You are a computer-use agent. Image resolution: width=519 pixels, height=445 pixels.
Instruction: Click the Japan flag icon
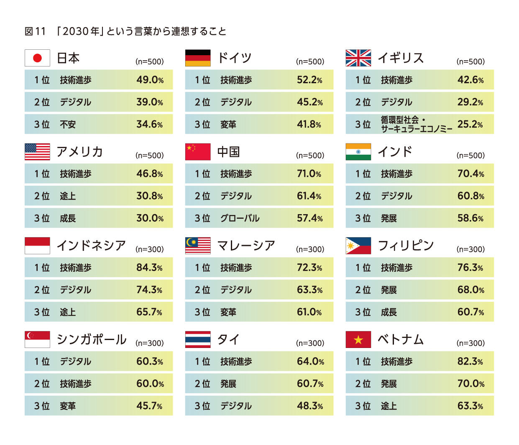(x=37, y=58)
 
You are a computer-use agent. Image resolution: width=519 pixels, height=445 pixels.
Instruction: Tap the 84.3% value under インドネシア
(x=149, y=267)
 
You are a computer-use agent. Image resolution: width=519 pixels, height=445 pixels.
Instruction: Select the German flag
(x=198, y=58)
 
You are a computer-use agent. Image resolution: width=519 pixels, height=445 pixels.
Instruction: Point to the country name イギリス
(x=401, y=58)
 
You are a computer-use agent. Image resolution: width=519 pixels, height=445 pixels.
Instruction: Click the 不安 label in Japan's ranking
(x=68, y=124)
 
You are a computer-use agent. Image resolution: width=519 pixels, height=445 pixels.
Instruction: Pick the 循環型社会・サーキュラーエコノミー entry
(x=416, y=124)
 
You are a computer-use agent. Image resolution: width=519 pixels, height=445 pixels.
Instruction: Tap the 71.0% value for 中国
(x=309, y=174)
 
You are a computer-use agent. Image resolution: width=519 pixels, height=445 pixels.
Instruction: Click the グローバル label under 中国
(x=240, y=218)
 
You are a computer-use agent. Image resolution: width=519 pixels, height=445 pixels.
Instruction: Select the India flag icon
(x=358, y=152)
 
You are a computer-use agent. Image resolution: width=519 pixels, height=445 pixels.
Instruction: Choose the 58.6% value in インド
(x=470, y=218)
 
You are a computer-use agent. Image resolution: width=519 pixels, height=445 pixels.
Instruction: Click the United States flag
(x=37, y=152)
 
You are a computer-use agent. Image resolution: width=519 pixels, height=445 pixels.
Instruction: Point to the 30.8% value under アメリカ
(x=149, y=196)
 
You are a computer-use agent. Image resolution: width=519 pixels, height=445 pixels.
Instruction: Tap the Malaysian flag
(x=198, y=246)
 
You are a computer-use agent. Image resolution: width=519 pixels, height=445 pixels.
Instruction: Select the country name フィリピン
(x=406, y=246)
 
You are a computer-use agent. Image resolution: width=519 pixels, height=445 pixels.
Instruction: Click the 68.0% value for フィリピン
(x=470, y=290)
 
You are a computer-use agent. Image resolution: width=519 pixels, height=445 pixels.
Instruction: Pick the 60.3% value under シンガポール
(x=149, y=361)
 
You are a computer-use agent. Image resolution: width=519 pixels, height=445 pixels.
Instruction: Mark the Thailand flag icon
(x=198, y=340)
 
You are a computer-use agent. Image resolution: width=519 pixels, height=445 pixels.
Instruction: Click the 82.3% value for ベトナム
(x=470, y=361)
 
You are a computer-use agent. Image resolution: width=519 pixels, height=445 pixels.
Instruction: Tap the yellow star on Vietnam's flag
(x=358, y=340)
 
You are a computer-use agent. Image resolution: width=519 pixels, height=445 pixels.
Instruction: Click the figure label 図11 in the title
(x=35, y=31)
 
